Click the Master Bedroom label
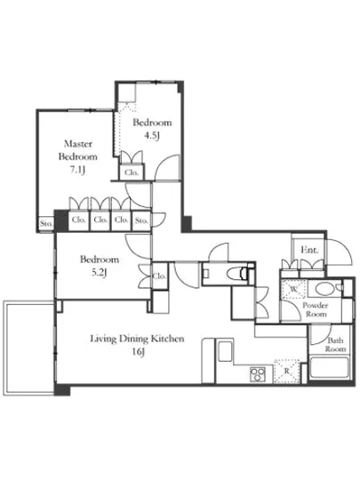78,150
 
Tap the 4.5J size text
152,136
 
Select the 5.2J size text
100,273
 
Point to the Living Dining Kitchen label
137,339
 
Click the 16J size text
139,352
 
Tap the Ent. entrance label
309,250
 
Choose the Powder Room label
316,309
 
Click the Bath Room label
335,345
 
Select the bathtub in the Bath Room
330,367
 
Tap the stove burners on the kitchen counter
258,374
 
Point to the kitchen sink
225,351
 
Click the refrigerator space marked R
286,372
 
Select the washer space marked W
293,289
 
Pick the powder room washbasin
324,288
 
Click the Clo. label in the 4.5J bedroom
132,172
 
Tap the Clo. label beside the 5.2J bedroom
159,276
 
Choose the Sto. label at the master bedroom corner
46,223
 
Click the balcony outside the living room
29,348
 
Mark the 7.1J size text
77,170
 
